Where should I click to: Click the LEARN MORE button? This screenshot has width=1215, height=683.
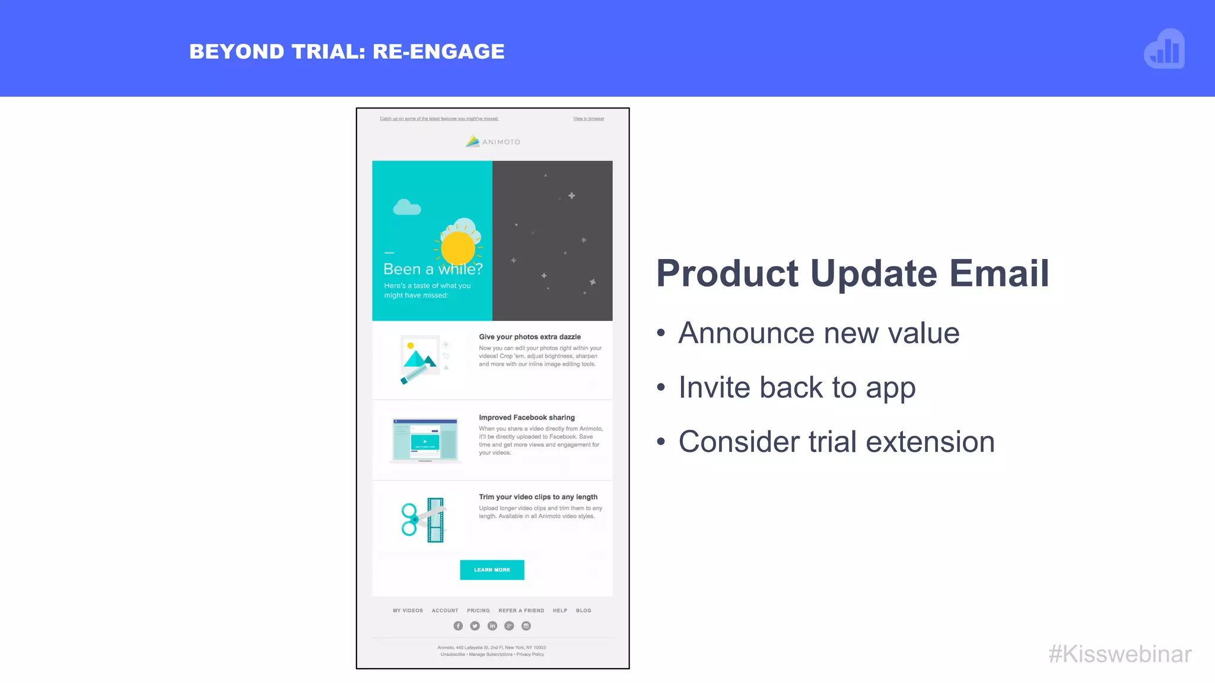(492, 570)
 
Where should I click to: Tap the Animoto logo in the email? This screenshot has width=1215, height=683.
(492, 142)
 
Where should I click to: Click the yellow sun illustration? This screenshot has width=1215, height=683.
(458, 248)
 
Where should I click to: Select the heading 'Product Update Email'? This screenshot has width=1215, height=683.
(853, 273)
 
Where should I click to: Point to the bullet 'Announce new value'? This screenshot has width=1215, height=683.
(818, 333)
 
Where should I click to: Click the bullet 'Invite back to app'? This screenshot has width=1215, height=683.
(797, 388)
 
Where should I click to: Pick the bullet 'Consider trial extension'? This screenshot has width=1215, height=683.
(836, 442)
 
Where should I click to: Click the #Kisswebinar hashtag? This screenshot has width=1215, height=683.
(1119, 654)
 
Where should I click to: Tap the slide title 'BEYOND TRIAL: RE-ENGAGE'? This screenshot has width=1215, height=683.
(347, 52)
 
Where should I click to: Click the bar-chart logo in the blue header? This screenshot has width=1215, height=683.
(1165, 49)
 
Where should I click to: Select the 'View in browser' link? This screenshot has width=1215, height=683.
(589, 119)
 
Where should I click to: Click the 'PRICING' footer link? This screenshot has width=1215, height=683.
(478, 611)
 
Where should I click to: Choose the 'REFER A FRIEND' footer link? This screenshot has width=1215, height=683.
(521, 611)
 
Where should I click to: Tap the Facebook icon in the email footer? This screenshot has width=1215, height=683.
(458, 626)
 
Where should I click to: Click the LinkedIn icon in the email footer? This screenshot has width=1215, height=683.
(492, 626)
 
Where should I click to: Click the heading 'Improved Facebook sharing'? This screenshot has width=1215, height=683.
(527, 417)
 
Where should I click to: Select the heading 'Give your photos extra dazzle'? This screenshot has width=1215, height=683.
(530, 337)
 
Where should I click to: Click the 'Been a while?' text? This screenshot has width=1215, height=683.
(433, 269)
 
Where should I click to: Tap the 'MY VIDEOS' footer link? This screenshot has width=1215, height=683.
(408, 611)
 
